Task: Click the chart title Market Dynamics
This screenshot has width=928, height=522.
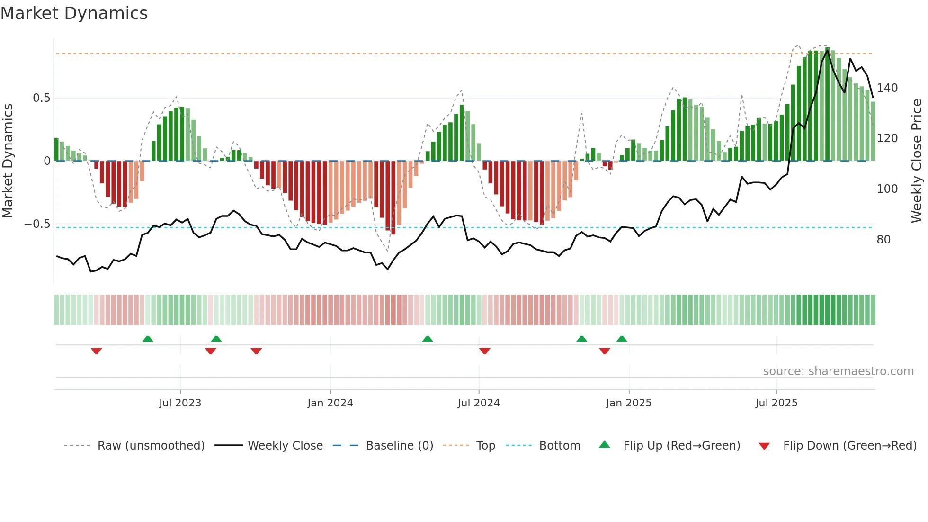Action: point(74,13)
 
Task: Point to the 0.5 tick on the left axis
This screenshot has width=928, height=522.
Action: point(41,98)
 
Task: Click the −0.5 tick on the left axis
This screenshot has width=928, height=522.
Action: point(37,224)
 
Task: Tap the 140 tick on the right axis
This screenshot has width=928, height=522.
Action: point(887,88)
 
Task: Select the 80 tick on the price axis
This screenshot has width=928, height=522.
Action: point(883,240)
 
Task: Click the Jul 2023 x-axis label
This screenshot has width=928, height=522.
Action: point(180,403)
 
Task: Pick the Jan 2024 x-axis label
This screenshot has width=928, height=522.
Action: point(330,403)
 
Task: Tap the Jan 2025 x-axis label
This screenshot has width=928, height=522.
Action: point(628,403)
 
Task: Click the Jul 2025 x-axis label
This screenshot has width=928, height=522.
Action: point(776,403)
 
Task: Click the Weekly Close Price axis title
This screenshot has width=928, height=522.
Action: point(917,161)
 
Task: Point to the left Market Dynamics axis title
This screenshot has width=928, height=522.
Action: point(8,161)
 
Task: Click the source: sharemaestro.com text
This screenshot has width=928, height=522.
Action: point(838,371)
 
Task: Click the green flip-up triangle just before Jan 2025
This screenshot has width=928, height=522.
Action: point(622,339)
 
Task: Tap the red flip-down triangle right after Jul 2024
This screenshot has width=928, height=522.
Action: point(484,351)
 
